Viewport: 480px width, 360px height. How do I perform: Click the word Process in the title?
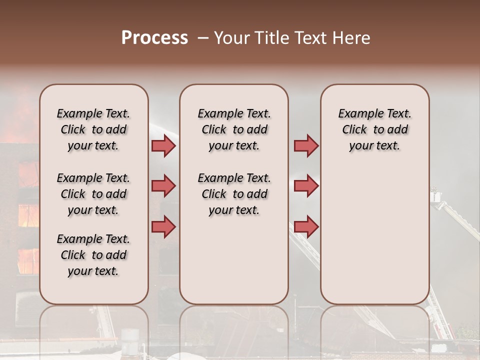click(154, 38)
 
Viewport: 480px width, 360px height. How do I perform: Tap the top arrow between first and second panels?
click(163, 146)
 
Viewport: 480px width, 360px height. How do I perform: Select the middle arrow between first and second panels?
click(163, 186)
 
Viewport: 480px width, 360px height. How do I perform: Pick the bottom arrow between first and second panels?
click(163, 226)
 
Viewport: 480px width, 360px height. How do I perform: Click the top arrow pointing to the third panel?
click(306, 146)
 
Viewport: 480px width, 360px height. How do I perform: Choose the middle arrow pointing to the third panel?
click(306, 186)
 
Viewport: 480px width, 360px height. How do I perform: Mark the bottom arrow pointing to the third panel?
click(306, 226)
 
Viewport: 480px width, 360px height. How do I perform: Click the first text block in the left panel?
click(93, 129)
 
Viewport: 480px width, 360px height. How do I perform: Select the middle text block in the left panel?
click(93, 194)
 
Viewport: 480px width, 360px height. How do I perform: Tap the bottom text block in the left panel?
click(93, 255)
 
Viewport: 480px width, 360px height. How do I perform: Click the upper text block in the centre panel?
click(234, 129)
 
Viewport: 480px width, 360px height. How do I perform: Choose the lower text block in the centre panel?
click(234, 194)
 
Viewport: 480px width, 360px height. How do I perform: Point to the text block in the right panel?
click(375, 129)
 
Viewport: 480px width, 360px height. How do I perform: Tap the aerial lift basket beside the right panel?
click(436, 195)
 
